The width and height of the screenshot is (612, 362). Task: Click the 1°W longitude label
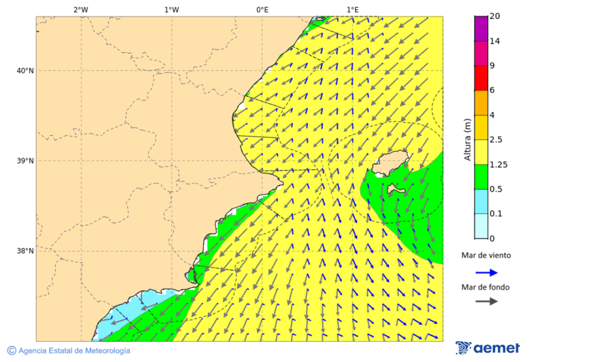click(x=171, y=10)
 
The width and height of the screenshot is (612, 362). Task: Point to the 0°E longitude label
click(x=262, y=10)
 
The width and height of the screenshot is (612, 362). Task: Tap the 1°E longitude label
click(x=352, y=10)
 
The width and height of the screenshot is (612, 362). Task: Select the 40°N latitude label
click(x=25, y=71)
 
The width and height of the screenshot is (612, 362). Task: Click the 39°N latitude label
click(x=25, y=161)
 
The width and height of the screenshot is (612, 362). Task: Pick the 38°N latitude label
click(x=25, y=251)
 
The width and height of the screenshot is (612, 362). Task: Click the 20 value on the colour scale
click(x=494, y=16)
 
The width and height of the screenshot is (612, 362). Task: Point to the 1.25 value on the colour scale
click(x=498, y=164)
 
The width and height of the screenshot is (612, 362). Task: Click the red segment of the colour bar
click(x=481, y=78)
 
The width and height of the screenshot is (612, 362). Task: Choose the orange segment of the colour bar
click(x=481, y=103)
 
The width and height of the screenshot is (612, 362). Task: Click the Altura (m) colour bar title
click(x=467, y=139)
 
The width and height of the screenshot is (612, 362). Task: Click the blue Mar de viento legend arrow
click(x=486, y=272)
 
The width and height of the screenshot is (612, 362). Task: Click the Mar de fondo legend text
click(x=486, y=287)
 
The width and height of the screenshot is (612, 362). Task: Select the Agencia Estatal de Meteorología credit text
click(x=74, y=350)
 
